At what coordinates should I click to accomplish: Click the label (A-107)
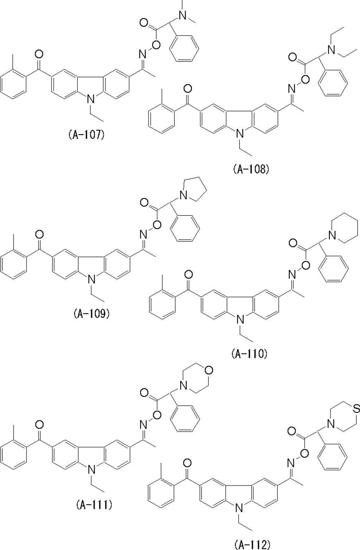pyautogui.click(x=86, y=135)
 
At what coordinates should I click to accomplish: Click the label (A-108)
pyautogui.click(x=251, y=169)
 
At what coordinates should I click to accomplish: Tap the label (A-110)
pyautogui.click(x=250, y=354)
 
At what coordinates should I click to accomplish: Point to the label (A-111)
pyautogui.click(x=94, y=505)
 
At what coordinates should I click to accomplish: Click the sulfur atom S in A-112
pyautogui.click(x=356, y=409)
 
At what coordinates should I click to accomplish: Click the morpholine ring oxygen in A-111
pyautogui.click(x=209, y=370)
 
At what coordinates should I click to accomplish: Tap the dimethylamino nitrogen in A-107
pyautogui.click(x=182, y=15)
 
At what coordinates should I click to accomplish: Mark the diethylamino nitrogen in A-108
pyautogui.click(x=331, y=50)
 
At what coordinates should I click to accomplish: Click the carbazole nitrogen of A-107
pyautogui.click(x=91, y=99)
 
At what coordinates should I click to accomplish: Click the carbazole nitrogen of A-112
pyautogui.click(x=240, y=508)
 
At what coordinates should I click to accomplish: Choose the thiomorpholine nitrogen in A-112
pyautogui.click(x=330, y=424)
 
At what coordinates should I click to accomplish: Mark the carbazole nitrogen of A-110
pyautogui.click(x=240, y=319)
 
